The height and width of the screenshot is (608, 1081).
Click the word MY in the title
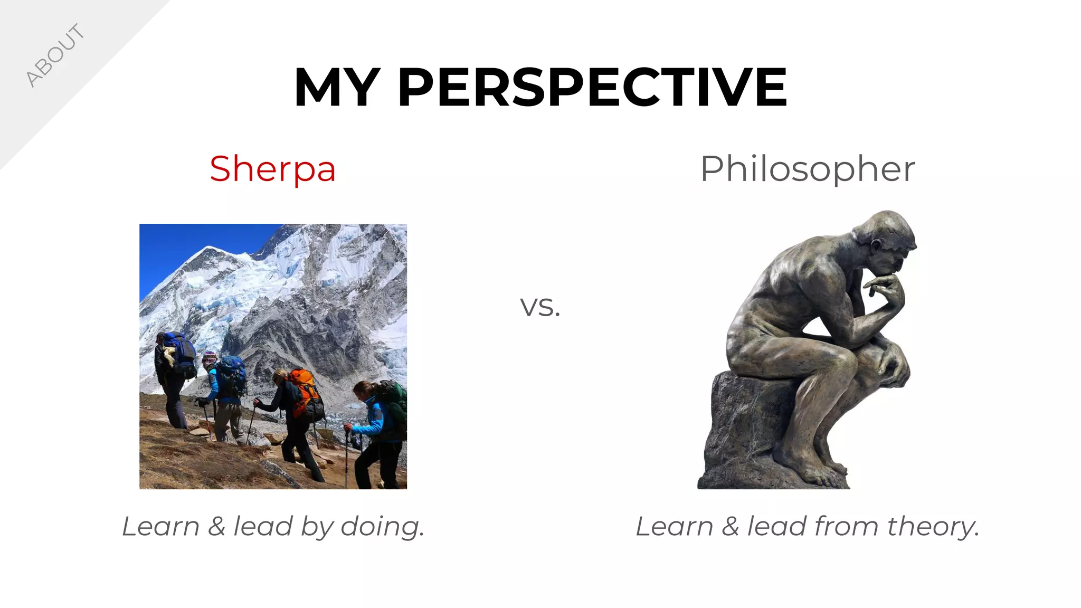pyautogui.click(x=337, y=88)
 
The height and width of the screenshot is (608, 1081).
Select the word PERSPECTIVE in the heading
pyautogui.click(x=592, y=88)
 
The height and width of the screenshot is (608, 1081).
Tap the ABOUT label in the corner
pyautogui.click(x=55, y=55)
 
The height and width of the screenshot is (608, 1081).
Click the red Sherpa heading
pyautogui.click(x=272, y=169)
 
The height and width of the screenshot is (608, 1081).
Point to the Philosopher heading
pyautogui.click(x=807, y=169)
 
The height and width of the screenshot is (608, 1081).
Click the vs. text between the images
pyautogui.click(x=540, y=307)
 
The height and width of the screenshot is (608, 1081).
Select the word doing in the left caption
pyautogui.click(x=382, y=527)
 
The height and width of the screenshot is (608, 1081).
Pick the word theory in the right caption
pyautogui.click(x=933, y=527)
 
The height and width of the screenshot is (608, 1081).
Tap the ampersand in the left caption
pyautogui.click(x=216, y=527)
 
